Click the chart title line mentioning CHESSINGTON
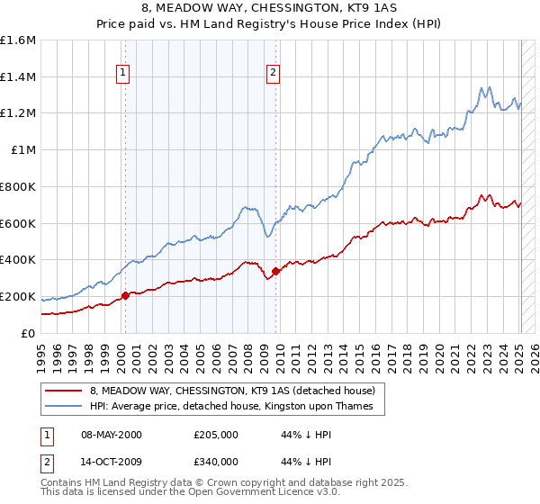269,10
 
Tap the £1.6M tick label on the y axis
18,40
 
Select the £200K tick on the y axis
18,296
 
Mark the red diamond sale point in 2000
125,294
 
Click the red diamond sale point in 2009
274,270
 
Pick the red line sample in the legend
64,391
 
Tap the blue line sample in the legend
64,407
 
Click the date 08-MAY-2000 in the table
111,435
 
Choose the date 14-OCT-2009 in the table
111,462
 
